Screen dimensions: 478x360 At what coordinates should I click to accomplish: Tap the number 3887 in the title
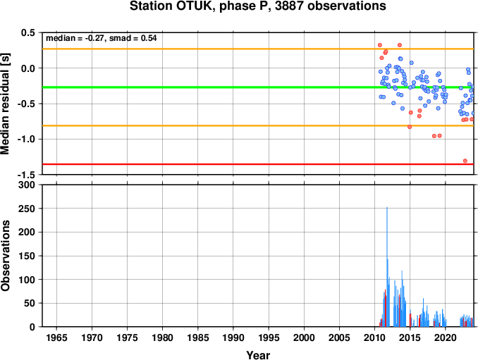coord(289,6)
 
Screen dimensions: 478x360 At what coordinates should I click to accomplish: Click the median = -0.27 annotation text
coord(74,38)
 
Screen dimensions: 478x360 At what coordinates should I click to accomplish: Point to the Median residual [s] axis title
coord(5,104)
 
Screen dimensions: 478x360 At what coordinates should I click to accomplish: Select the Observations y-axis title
coord(5,255)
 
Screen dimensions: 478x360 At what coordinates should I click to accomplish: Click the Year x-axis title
coord(258,355)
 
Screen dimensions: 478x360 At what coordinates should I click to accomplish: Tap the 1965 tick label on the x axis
coord(56,337)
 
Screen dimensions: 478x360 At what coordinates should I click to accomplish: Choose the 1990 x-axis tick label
coord(233,337)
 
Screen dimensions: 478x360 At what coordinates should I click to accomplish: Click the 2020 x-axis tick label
coord(446,337)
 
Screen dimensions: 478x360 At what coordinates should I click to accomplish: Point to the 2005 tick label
coord(339,337)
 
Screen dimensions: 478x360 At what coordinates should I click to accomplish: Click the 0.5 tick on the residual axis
coord(28,32)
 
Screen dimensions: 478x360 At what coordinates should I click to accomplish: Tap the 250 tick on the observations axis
coord(27,209)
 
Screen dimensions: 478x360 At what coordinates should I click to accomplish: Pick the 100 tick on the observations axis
coord(27,280)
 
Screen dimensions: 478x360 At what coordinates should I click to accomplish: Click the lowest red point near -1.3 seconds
coord(465,161)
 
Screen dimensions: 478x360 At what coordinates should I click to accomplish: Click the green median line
coord(258,87)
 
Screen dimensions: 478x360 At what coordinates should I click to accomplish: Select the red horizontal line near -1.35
coord(258,164)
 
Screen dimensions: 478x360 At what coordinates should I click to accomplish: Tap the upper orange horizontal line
coord(258,49)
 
